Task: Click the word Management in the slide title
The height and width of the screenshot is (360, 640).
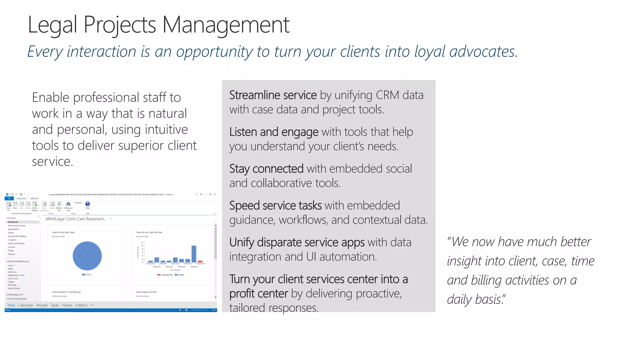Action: pyautogui.click(x=226, y=25)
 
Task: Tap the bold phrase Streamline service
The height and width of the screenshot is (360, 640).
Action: pyautogui.click(x=273, y=95)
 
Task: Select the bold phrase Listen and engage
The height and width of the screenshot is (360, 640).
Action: pyautogui.click(x=274, y=132)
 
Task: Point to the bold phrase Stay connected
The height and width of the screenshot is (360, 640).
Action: pyautogui.click(x=266, y=169)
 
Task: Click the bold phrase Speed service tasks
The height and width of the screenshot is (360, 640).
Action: pyautogui.click(x=275, y=206)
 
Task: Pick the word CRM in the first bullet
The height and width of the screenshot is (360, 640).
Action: pyautogui.click(x=387, y=95)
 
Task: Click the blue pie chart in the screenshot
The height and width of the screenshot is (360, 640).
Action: pyautogui.click(x=87, y=256)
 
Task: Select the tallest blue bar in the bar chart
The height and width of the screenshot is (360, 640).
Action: pyautogui.click(x=194, y=254)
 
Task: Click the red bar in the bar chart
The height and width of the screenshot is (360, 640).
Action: pyautogui.click(x=200, y=261)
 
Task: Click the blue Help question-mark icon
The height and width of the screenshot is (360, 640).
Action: pyautogui.click(x=87, y=204)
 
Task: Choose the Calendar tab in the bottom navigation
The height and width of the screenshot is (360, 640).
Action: pyautogui.click(x=25, y=305)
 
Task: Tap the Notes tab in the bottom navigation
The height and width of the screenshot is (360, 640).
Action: pyautogui.click(x=67, y=305)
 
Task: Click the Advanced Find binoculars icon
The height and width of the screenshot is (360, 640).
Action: pyautogui.click(x=68, y=204)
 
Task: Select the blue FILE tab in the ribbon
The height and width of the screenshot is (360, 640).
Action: pyautogui.click(x=9, y=198)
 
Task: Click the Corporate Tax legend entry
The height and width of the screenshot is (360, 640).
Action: pyautogui.click(x=165, y=275)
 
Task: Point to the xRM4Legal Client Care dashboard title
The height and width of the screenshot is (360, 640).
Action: pyautogui.click(x=76, y=219)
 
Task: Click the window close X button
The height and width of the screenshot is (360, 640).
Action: pyautogui.click(x=215, y=194)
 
